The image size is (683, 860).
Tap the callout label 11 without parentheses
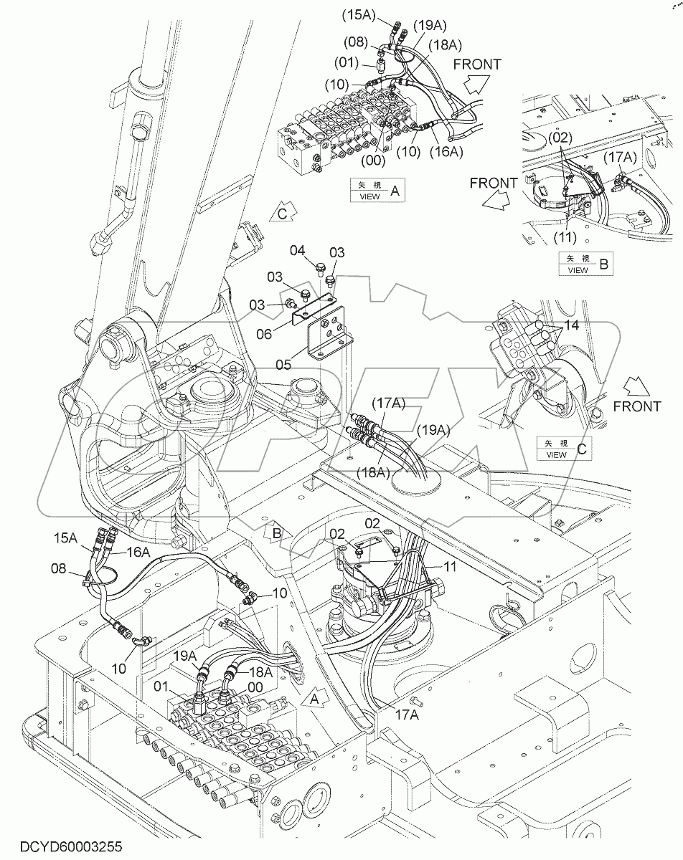point(449,566)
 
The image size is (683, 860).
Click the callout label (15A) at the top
point(373,12)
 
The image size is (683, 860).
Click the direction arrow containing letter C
point(282,213)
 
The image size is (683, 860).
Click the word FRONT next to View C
point(637,406)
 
